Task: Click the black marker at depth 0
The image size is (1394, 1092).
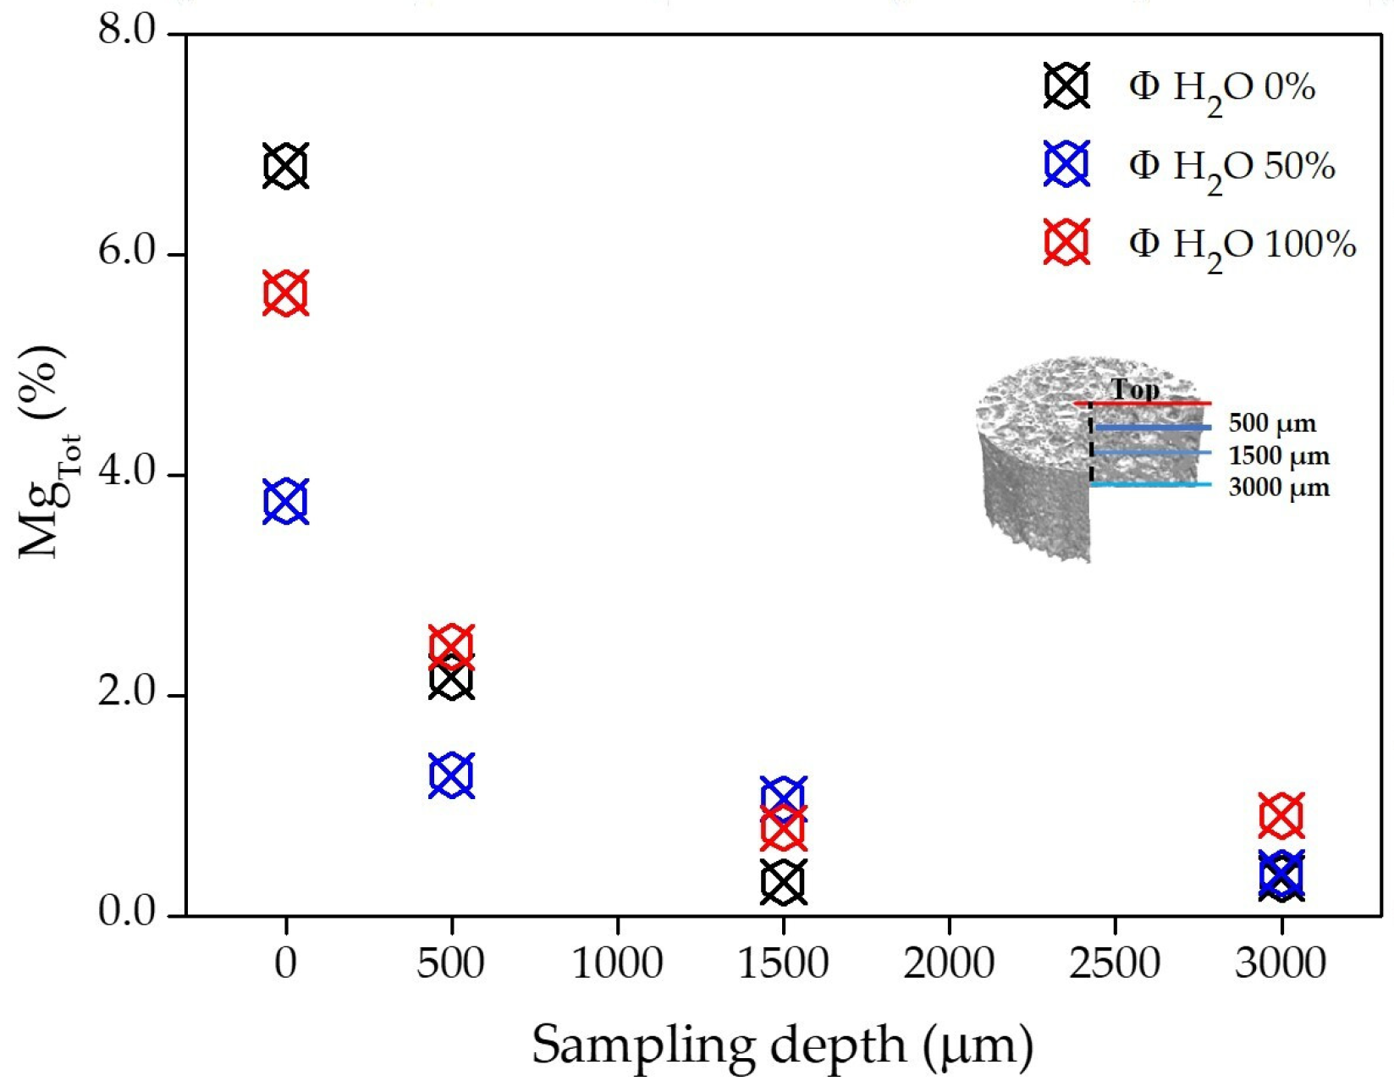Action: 285,166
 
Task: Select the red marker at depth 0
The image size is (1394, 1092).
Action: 285,294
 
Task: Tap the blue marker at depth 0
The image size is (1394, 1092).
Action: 285,501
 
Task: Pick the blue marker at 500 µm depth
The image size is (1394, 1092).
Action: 451,775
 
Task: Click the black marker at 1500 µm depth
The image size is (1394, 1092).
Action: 783,882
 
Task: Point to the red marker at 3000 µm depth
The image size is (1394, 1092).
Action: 1281,816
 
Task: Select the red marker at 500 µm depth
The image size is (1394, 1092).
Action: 451,646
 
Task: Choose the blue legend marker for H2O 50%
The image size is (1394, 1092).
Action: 1066,164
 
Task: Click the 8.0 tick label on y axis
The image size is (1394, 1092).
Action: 127,30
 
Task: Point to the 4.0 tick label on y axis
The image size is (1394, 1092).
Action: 127,472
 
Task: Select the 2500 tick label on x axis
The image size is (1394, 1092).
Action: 1115,963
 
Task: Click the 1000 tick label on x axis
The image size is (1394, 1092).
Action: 617,963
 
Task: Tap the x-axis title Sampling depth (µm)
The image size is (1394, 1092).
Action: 783,1045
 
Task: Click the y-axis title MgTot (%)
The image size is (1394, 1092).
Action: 47,453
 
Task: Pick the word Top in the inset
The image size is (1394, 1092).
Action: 1134,389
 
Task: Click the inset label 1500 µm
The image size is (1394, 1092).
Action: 1279,456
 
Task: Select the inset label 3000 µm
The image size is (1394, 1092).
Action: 1279,488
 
